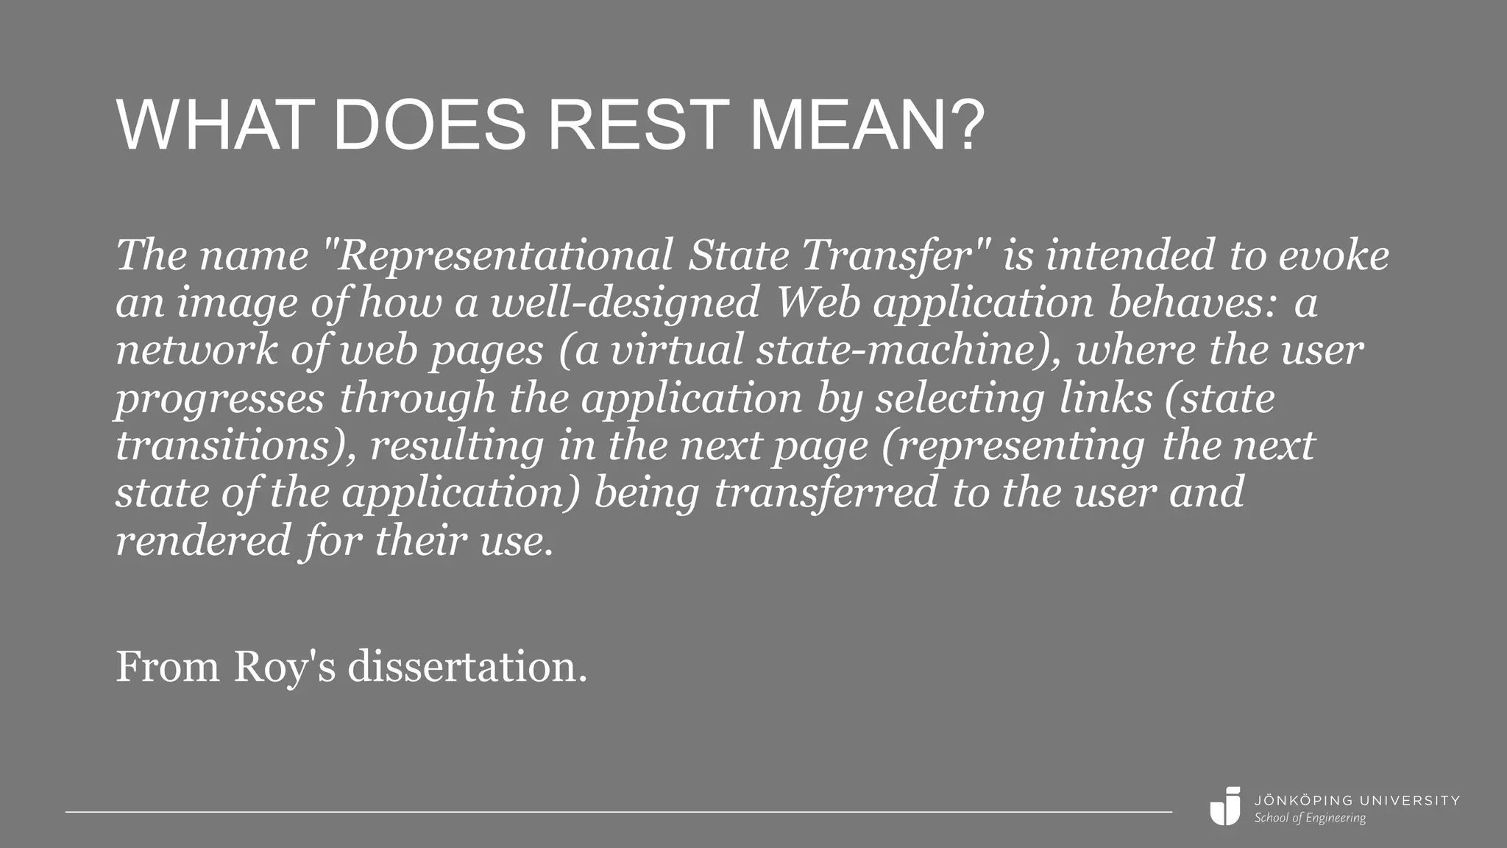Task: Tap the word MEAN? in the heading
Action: click(x=867, y=125)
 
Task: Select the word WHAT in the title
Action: click(x=210, y=125)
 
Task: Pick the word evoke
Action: click(x=1333, y=255)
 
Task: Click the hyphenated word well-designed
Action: click(x=625, y=303)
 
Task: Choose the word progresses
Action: click(x=219, y=399)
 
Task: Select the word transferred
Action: click(x=826, y=493)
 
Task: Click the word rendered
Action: click(x=203, y=540)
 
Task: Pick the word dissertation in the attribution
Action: click(x=467, y=667)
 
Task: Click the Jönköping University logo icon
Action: click(x=1225, y=806)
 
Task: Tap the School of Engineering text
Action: click(x=1310, y=818)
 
